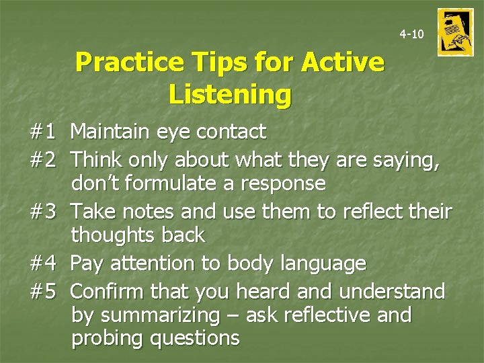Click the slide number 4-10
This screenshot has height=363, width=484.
(x=411, y=34)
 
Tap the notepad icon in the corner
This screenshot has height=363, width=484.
(x=455, y=32)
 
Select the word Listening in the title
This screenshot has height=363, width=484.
(x=230, y=94)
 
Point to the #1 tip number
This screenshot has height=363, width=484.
(x=42, y=132)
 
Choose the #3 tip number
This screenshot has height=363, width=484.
(x=42, y=212)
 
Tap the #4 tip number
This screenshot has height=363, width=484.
(x=42, y=264)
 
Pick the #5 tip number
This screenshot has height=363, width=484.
(x=42, y=291)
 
